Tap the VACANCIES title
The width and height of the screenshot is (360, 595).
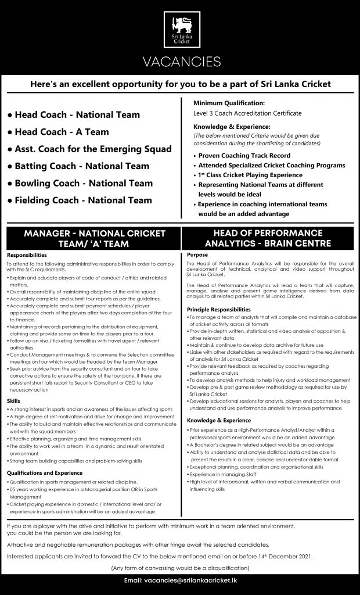click(x=180, y=62)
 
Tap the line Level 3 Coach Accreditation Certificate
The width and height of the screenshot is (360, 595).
click(x=247, y=113)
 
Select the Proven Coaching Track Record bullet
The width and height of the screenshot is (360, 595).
click(x=244, y=156)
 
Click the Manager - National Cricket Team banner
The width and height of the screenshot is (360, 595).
click(x=94, y=239)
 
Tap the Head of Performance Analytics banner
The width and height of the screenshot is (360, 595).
click(x=268, y=239)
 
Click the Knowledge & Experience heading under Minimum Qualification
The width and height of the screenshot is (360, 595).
click(x=232, y=126)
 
